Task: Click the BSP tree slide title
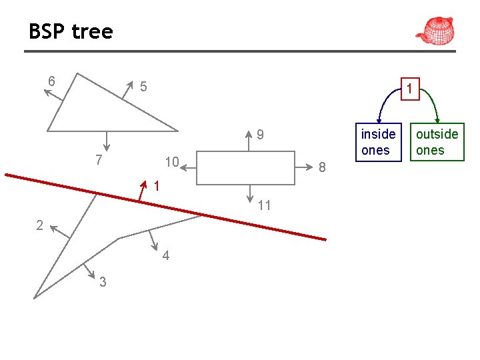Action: pyautogui.click(x=71, y=31)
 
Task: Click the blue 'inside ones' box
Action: pyautogui.click(x=378, y=142)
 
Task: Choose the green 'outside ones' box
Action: pyautogui.click(x=437, y=142)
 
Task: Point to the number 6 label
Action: pyautogui.click(x=51, y=81)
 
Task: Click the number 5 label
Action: pyautogui.click(x=143, y=86)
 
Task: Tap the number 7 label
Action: pyautogui.click(x=98, y=161)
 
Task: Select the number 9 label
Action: pyautogui.click(x=261, y=135)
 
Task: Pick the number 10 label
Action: pyautogui.click(x=171, y=162)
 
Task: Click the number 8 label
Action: pyautogui.click(x=321, y=167)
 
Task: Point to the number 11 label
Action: pyautogui.click(x=264, y=205)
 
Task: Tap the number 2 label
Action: pyautogui.click(x=39, y=225)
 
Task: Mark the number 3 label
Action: pyautogui.click(x=102, y=282)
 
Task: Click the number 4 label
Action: pyautogui.click(x=165, y=256)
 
